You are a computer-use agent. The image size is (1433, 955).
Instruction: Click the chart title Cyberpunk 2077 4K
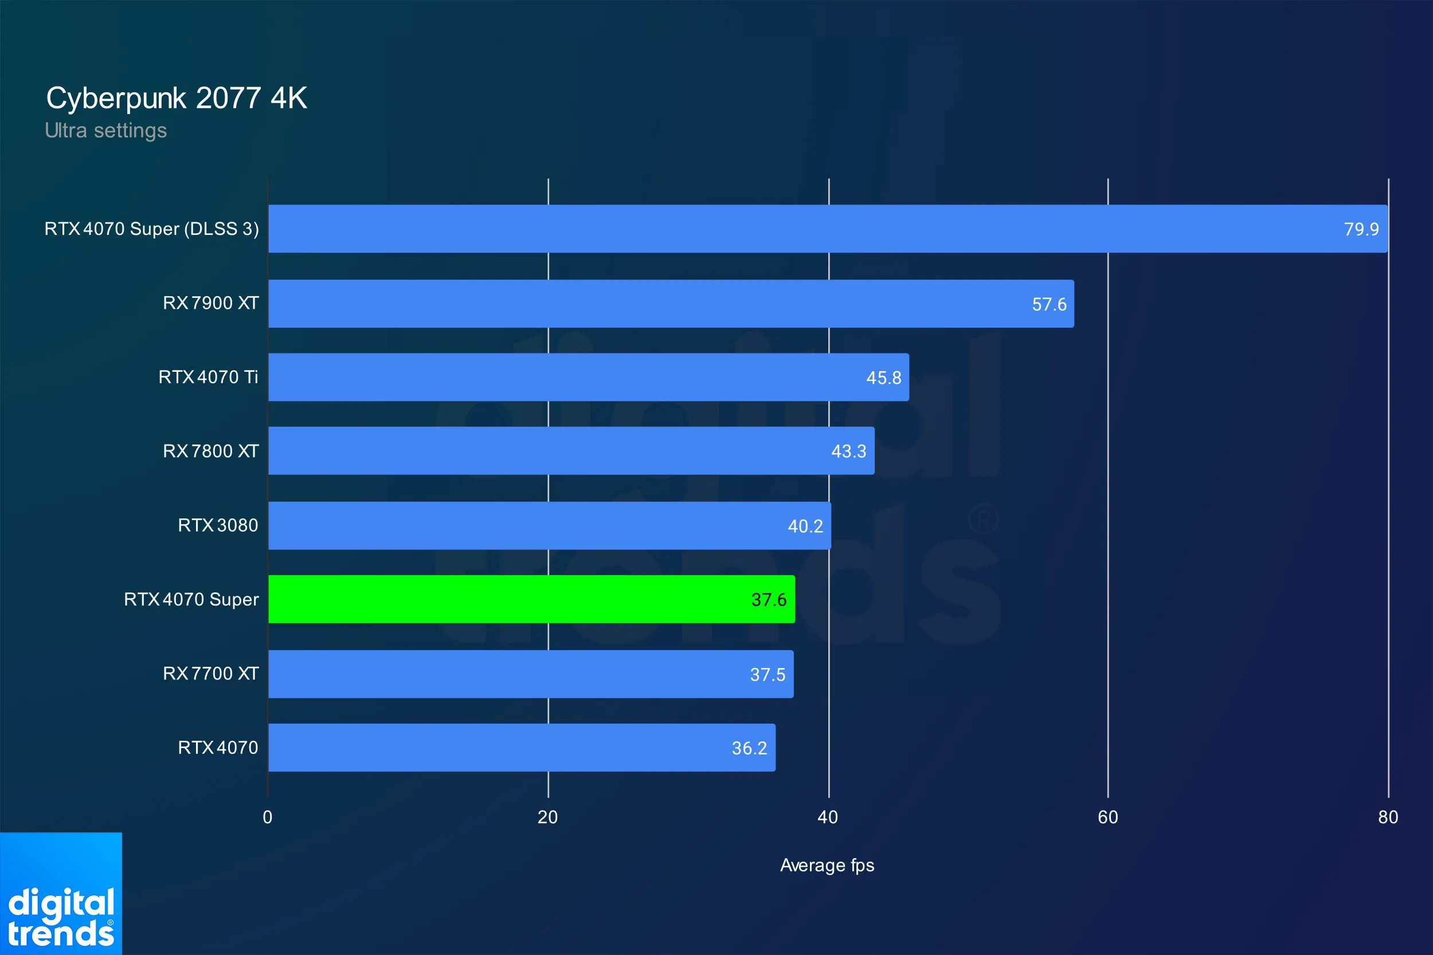pyautogui.click(x=176, y=98)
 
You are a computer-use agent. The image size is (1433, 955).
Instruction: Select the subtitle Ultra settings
pyautogui.click(x=105, y=131)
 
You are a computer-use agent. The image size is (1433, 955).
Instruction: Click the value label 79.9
pyautogui.click(x=1361, y=229)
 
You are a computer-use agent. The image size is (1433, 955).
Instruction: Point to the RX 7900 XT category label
pyautogui.click(x=211, y=302)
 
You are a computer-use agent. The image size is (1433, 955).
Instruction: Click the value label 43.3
pyautogui.click(x=848, y=451)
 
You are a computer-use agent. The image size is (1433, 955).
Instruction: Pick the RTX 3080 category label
pyautogui.click(x=217, y=525)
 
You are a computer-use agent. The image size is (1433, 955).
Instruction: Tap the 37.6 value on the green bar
pyautogui.click(x=768, y=600)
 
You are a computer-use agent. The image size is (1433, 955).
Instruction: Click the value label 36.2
pyautogui.click(x=749, y=748)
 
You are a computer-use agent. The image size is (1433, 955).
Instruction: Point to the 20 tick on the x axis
pyautogui.click(x=547, y=817)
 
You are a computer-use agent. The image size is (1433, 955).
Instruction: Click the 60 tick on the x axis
pyautogui.click(x=1107, y=817)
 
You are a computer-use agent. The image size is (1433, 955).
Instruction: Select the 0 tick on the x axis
pyautogui.click(x=268, y=817)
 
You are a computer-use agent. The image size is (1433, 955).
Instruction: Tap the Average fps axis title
pyautogui.click(x=827, y=865)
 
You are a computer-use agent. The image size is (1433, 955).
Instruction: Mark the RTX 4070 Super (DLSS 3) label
pyautogui.click(x=152, y=229)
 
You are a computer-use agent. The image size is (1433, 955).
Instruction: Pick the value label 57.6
pyautogui.click(x=1048, y=304)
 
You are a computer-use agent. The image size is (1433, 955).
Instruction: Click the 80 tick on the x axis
pyautogui.click(x=1388, y=817)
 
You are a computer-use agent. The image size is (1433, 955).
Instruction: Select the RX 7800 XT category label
pyautogui.click(x=211, y=451)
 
